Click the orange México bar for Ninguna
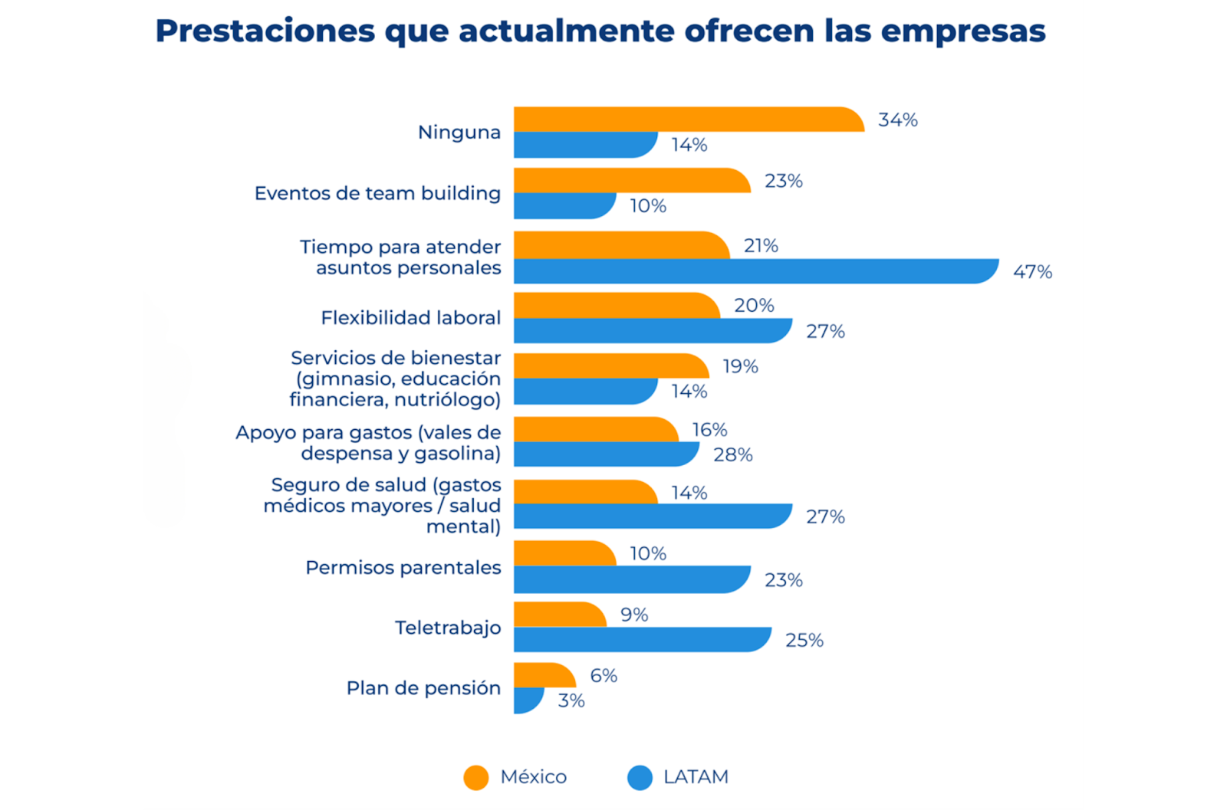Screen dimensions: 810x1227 688,120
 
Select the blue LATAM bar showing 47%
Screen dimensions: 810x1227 755,271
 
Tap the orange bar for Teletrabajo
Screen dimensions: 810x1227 560,615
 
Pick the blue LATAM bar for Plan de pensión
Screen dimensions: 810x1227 528,700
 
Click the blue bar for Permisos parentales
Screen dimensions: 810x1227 631,579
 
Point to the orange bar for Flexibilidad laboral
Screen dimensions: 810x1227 617,305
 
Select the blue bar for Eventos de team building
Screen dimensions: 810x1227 564,206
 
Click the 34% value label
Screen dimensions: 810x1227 898,120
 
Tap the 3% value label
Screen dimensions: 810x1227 571,700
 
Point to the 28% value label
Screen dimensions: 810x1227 733,454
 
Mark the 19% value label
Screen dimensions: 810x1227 740,366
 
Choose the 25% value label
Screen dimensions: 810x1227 804,640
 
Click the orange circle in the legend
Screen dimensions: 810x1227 476,777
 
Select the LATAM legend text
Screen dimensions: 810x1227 696,776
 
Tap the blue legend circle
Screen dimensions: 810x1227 640,777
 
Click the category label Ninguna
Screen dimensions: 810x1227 459,132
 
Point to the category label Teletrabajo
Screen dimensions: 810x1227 448,628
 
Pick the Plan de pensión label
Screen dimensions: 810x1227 423,687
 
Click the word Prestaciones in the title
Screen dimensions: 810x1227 265,31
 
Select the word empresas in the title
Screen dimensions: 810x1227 963,31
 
